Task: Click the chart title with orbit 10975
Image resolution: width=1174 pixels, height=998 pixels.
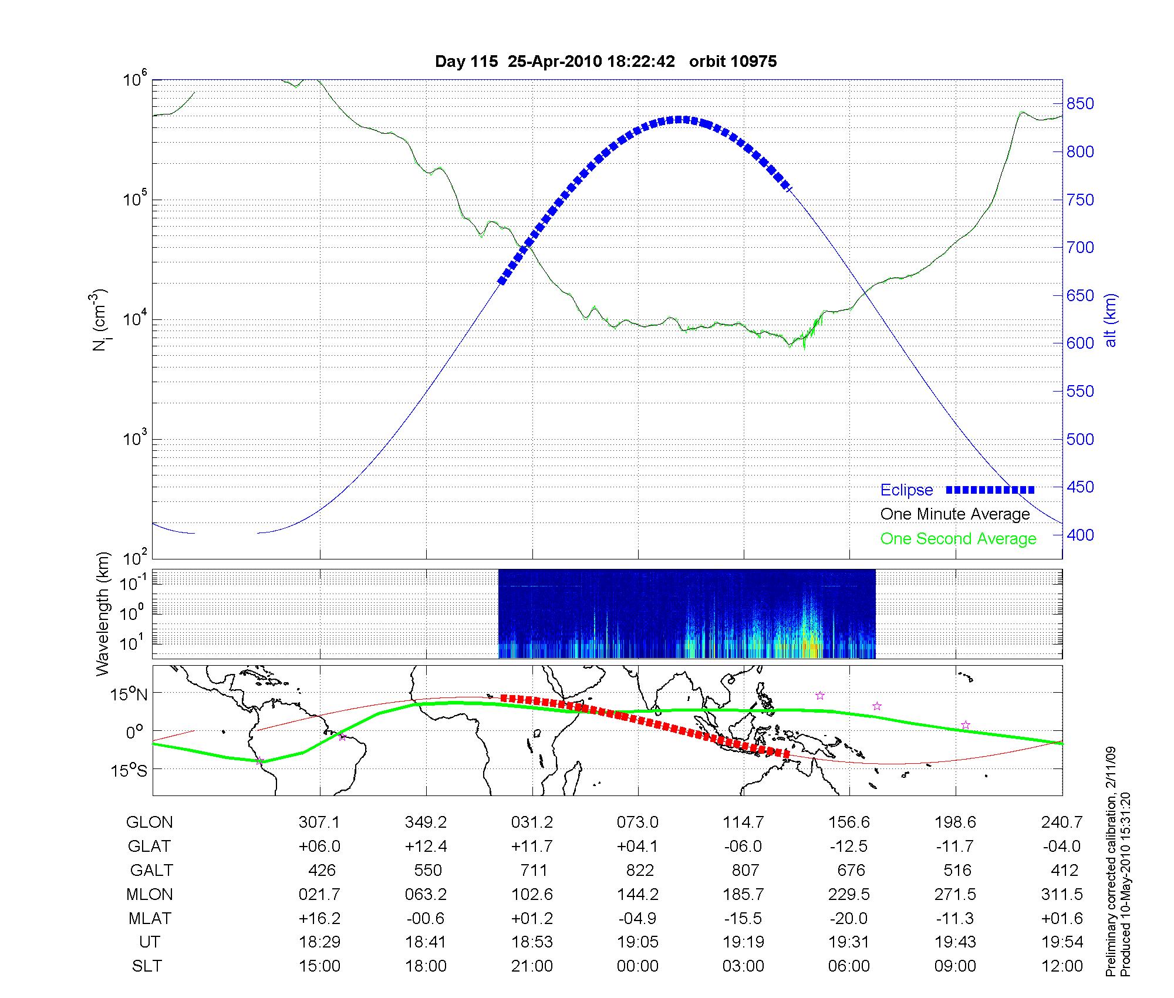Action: click(x=606, y=62)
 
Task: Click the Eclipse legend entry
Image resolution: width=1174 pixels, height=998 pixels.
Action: click(x=906, y=490)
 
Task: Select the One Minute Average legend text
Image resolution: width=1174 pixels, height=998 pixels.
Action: click(x=955, y=514)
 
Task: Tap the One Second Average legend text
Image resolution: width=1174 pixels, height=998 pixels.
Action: click(x=958, y=539)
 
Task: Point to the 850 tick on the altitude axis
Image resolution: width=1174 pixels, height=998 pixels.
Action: click(x=1080, y=104)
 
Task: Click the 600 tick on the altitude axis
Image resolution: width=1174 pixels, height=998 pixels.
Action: click(x=1080, y=343)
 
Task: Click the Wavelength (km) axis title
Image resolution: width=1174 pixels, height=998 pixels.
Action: click(x=103, y=614)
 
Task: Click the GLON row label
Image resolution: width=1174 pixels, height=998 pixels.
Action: click(x=149, y=822)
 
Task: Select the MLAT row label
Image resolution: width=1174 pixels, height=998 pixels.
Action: click(x=150, y=918)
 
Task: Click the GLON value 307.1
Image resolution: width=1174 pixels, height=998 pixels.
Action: click(x=319, y=822)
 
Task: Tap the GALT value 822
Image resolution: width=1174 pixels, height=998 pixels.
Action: click(x=638, y=870)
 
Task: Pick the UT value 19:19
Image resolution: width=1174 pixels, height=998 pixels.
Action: click(x=744, y=942)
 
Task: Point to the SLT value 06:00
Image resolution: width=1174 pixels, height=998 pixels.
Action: click(x=849, y=966)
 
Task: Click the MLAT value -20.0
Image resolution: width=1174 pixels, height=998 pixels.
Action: click(x=849, y=918)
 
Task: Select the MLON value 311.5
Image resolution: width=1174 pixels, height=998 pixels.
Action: click(x=1061, y=894)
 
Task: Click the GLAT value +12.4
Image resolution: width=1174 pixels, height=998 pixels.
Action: click(x=426, y=847)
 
